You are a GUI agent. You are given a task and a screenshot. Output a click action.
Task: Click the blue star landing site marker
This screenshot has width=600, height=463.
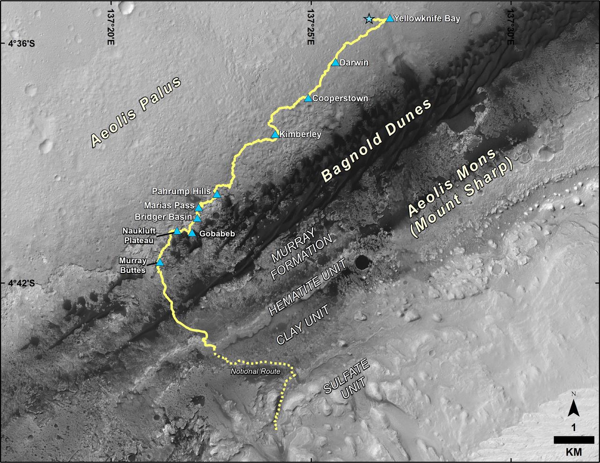point(369,19)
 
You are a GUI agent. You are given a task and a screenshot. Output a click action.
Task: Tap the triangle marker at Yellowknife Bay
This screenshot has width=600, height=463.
point(390,19)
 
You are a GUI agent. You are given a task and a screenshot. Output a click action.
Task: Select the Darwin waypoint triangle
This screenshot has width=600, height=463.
point(335,63)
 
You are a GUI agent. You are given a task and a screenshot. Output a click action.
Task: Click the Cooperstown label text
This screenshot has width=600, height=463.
point(340,99)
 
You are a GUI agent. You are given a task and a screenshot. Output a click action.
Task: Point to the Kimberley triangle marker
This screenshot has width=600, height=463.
point(275,135)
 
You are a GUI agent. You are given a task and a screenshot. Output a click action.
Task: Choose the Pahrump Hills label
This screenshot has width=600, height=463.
point(181,191)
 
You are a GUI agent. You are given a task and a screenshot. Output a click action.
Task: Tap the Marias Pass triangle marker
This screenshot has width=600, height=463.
point(199,207)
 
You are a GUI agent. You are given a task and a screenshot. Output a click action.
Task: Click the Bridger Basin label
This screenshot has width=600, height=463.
point(163,217)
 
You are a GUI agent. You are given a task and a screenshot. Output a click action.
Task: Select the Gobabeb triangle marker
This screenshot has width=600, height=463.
point(192,233)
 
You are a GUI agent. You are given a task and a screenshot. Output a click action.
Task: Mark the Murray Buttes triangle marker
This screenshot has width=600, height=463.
point(159,263)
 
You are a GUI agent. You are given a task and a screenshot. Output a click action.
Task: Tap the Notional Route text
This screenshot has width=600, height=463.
point(255,372)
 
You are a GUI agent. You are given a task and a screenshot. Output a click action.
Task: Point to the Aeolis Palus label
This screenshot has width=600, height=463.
point(136,112)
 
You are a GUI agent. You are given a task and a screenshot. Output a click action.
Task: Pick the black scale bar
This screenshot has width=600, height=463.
point(574,440)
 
